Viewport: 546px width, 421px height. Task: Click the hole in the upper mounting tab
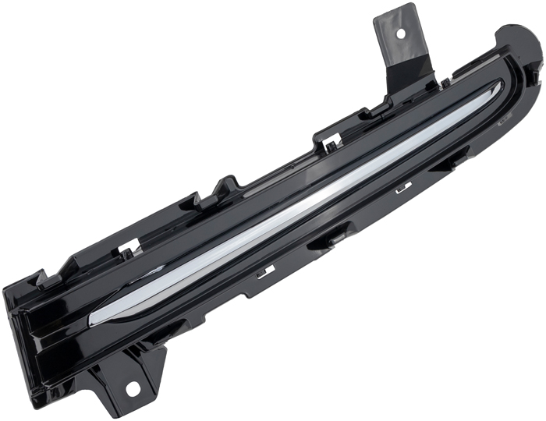coord(402,34)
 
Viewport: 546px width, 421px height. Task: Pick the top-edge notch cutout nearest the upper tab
coord(331,142)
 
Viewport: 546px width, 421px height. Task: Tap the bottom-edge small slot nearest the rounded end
coord(403,188)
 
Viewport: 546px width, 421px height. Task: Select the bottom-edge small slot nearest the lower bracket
coord(265,271)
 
